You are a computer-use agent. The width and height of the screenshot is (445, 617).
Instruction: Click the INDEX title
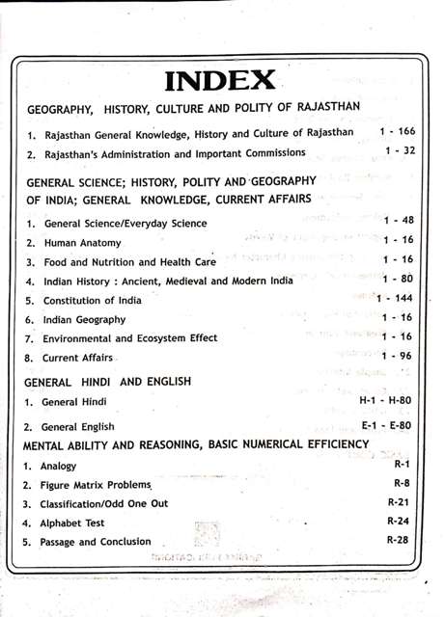point(221,81)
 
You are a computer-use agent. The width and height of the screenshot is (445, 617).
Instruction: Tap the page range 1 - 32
point(400,151)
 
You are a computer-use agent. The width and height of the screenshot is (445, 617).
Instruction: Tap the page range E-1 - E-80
point(386,424)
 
